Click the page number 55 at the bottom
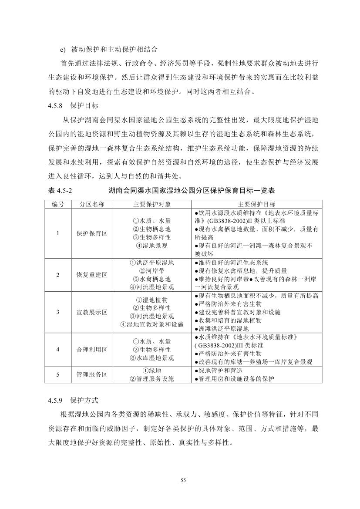(183, 480)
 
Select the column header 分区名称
(92, 204)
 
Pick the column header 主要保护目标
(256, 204)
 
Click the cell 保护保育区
(92, 233)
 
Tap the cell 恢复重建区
(92, 275)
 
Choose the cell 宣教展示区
(92, 312)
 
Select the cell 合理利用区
(92, 349)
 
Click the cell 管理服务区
(92, 374)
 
